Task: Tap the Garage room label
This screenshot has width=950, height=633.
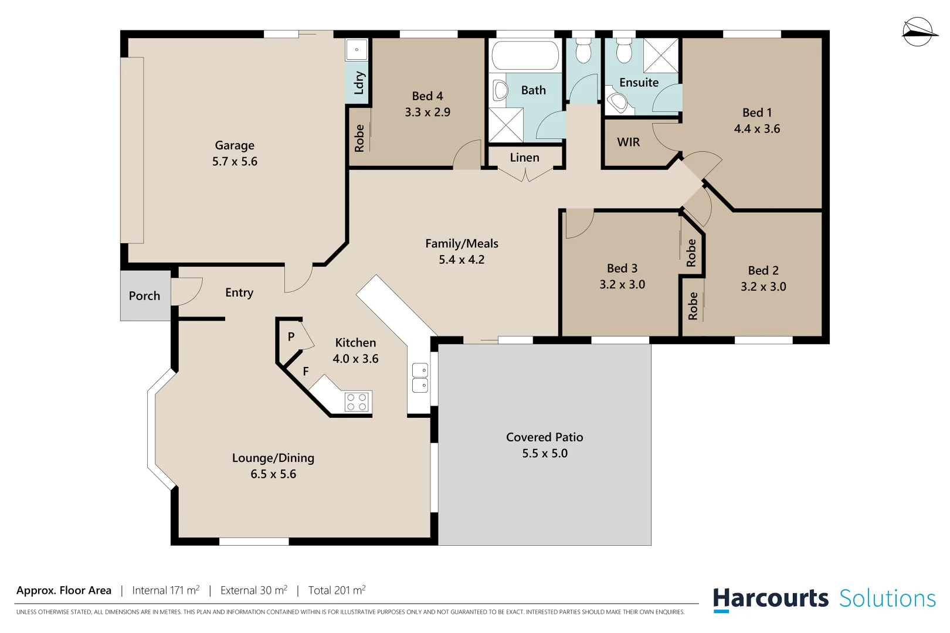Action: (x=235, y=145)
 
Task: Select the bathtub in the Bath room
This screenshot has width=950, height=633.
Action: (x=525, y=56)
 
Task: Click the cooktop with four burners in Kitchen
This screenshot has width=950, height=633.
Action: (x=357, y=402)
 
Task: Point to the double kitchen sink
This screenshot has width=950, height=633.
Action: (x=420, y=377)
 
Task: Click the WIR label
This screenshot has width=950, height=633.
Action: (x=628, y=142)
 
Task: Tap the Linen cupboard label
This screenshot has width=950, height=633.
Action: (x=524, y=158)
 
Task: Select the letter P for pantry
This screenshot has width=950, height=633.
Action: (x=291, y=337)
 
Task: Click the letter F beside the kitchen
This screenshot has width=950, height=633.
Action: (x=306, y=372)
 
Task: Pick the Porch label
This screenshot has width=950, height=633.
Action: (x=144, y=296)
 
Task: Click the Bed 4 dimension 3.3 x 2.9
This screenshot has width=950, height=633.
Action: (x=428, y=113)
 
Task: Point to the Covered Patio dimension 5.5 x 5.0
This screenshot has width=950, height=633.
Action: (x=545, y=454)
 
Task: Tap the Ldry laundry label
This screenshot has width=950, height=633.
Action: (x=359, y=83)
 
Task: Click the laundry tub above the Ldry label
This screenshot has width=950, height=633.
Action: (x=356, y=50)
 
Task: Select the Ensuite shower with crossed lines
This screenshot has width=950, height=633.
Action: (x=661, y=56)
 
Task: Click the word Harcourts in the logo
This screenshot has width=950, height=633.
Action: (x=771, y=599)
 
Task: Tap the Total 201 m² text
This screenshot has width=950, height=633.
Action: (x=337, y=590)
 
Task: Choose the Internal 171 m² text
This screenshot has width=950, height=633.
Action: (x=165, y=590)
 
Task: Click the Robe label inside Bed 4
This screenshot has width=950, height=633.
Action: (x=359, y=138)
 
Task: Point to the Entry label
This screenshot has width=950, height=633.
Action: (x=239, y=292)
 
